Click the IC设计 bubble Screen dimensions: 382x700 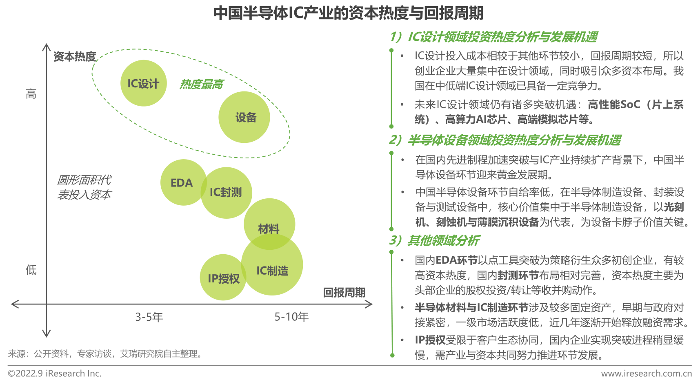pos(143,83)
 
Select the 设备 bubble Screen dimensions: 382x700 pos(244,117)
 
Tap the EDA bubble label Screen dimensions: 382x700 pos(181,183)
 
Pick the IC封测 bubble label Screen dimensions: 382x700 pos(226,192)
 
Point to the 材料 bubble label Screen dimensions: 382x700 pos(269,229)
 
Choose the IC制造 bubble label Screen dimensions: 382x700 pos(272,271)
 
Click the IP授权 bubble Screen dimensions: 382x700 pos(223,278)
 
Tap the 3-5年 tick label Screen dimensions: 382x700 pos(149,317)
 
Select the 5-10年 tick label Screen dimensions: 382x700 pos(291,317)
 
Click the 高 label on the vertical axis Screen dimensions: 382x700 pos(31,94)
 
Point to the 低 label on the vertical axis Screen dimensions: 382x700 pos(31,270)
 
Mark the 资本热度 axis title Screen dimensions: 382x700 pos(75,57)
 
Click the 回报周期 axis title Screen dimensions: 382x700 pos(344,293)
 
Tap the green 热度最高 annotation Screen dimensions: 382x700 pos(201,84)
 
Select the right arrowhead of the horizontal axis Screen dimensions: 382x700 pos(369,304)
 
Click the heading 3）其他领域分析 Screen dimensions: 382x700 pos(434,241)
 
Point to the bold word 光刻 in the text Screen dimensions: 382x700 pos(674,207)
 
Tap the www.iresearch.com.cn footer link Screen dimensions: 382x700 pos(646,373)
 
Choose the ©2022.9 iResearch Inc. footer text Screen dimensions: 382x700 pos(55,373)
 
